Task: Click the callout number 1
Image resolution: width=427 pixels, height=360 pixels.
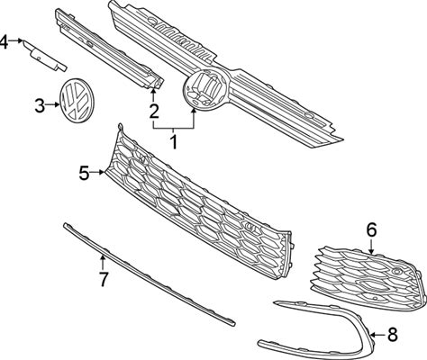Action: click(174, 142)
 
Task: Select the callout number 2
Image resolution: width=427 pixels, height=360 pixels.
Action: click(154, 111)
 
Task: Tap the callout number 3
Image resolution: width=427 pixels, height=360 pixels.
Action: click(40, 106)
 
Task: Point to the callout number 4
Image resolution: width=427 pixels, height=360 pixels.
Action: click(4, 41)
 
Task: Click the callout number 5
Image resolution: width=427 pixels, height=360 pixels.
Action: click(85, 173)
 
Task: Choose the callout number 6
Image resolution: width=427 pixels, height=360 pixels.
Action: click(371, 230)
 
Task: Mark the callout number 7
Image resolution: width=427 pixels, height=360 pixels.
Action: click(103, 280)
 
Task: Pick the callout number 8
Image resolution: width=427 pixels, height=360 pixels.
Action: click(393, 334)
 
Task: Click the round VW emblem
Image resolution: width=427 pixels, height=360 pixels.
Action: click(77, 101)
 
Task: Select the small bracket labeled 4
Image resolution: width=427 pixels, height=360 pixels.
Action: click(45, 56)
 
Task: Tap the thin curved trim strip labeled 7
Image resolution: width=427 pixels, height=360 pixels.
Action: click(149, 274)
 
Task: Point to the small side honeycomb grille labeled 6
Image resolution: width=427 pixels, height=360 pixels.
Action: click(368, 276)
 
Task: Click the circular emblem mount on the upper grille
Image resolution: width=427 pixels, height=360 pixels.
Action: click(206, 89)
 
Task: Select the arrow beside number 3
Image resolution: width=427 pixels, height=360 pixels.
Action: click(52, 104)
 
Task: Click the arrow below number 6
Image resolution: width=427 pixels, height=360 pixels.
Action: click(372, 247)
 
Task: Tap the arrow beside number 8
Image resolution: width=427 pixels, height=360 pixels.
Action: click(378, 334)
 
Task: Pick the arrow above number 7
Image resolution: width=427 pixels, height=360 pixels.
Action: click(103, 262)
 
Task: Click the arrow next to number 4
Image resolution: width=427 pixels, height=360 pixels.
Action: click(16, 40)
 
